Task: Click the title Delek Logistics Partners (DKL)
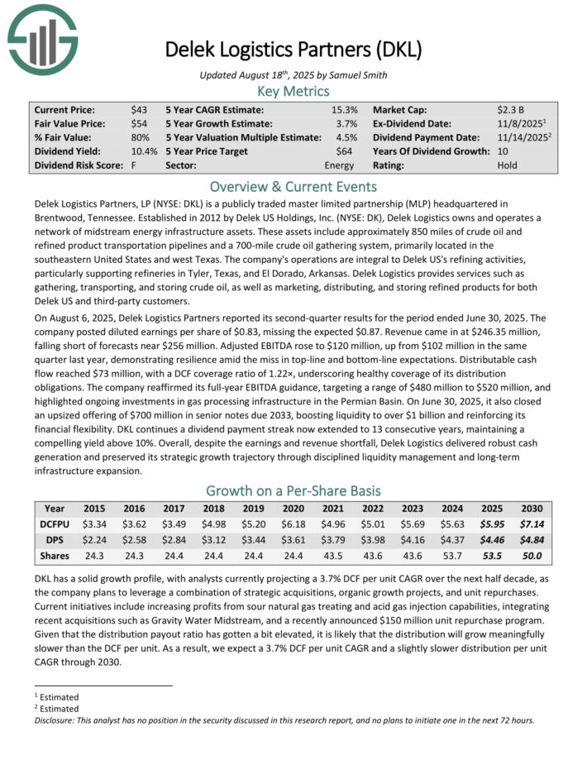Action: [293, 49]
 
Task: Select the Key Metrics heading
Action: [293, 92]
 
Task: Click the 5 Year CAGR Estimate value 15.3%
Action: [345, 110]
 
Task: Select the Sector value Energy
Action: [341, 166]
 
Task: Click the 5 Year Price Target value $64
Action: [349, 152]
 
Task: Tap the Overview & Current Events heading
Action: [293, 186]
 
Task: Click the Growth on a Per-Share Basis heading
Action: [293, 490]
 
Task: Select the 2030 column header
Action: [532, 509]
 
